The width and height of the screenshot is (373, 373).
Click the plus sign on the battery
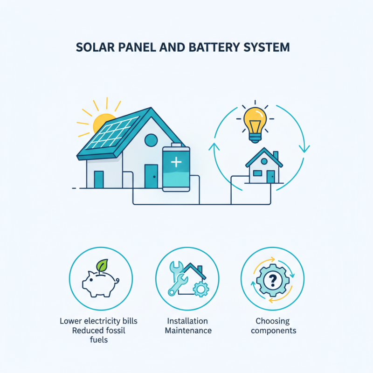176,163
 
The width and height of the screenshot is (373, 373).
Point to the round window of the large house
151,139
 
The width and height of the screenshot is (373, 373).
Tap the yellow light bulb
255,121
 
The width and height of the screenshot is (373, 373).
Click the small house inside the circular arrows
264,168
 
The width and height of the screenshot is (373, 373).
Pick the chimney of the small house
276,155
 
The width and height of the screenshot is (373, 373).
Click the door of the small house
270,176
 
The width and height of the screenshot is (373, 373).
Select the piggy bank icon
100,282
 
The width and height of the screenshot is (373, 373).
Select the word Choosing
272,321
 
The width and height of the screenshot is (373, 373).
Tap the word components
272,331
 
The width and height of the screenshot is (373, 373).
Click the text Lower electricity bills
98,321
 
